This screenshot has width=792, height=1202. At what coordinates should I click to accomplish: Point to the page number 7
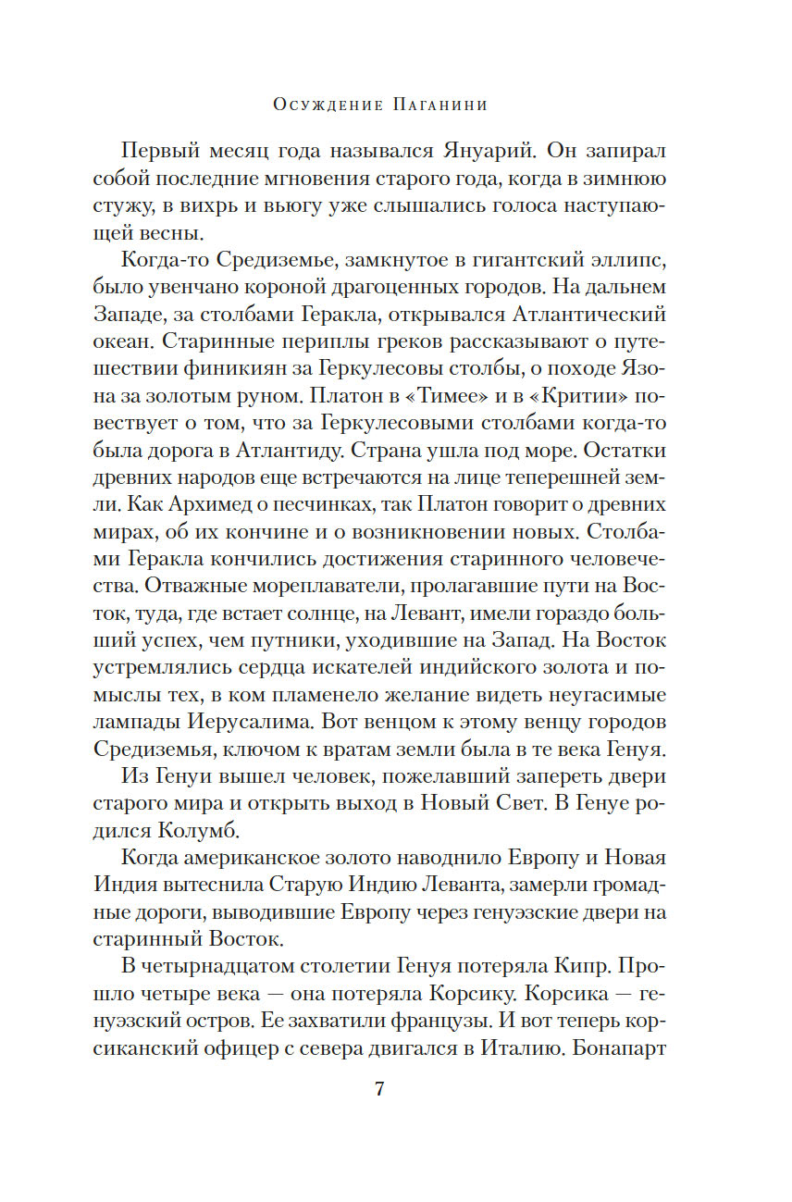pos(378,1088)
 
